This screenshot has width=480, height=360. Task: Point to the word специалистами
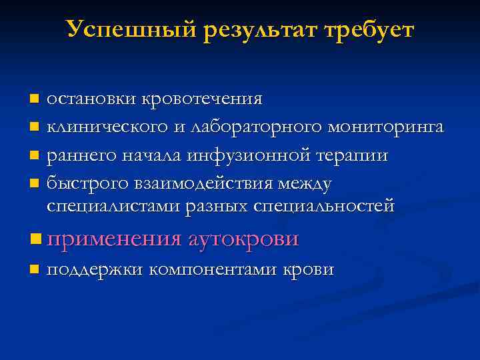point(105,206)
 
